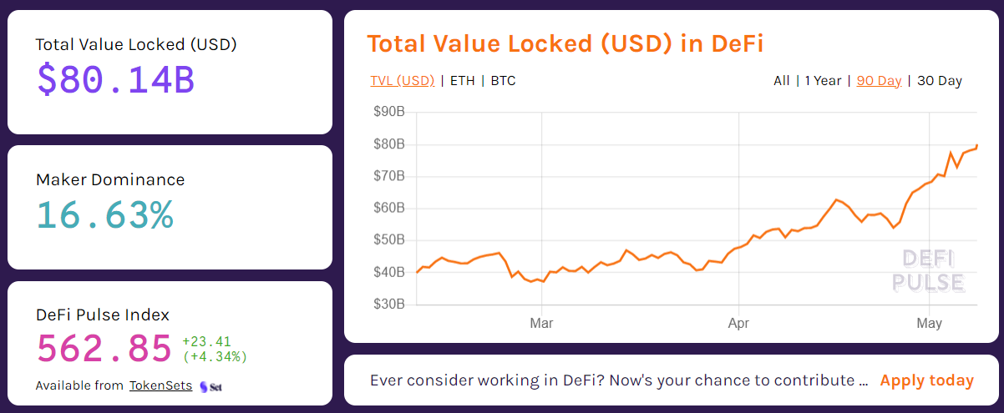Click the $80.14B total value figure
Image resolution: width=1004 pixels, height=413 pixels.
(115, 79)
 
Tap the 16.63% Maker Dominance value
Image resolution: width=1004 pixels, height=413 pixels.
(104, 214)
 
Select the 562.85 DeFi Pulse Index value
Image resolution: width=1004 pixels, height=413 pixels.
(104, 349)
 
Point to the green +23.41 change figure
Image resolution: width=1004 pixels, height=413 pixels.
(206, 341)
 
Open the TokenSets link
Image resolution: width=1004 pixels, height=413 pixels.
(160, 385)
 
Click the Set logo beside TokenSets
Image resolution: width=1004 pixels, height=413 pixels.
(211, 386)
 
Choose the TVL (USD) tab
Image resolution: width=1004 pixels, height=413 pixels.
(403, 81)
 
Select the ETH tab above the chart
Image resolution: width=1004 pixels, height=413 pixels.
(462, 81)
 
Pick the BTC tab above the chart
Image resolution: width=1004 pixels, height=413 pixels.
(503, 81)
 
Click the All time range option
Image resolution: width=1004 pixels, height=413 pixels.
(781, 81)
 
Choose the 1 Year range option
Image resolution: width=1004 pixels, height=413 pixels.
(823, 81)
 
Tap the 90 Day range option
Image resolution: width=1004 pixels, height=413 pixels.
(879, 81)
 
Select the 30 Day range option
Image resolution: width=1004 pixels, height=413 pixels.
(940, 81)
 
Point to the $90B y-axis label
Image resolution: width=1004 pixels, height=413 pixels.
(388, 112)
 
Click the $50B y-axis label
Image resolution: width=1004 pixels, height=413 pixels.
(388, 240)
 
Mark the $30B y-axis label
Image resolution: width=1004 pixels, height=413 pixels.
(388, 305)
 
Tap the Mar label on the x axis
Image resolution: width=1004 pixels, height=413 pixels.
(542, 322)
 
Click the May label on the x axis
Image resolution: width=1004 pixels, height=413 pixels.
(930, 322)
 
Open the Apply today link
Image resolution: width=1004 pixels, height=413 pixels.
(926, 380)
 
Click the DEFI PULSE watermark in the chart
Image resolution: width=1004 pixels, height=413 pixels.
(928, 270)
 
